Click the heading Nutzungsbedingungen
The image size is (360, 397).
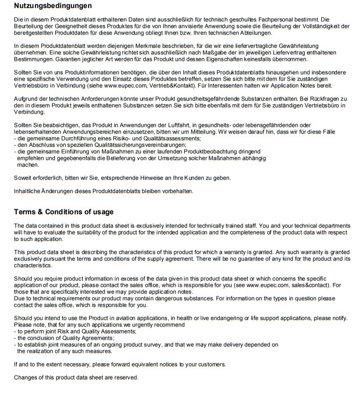(x=53, y=6)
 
